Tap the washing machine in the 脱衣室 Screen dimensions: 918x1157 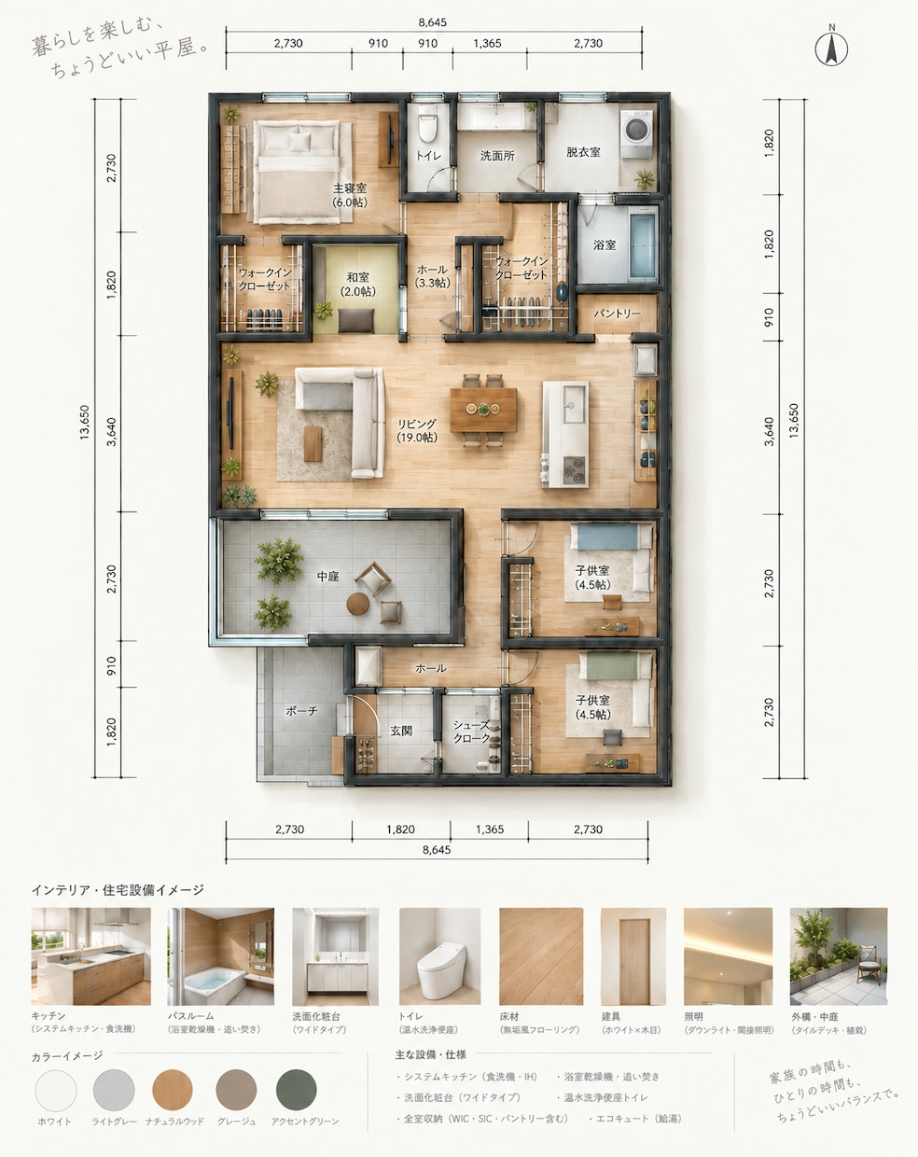click(637, 134)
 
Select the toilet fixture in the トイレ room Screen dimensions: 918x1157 click(427, 124)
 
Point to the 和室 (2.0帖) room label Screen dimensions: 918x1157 click(358, 285)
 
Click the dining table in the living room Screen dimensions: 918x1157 click(483, 411)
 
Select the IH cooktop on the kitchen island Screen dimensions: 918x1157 click(575, 470)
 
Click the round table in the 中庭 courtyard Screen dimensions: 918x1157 click(357, 604)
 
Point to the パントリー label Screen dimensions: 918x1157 click(617, 314)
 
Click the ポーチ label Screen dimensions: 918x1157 click(301, 711)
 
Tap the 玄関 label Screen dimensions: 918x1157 click(401, 732)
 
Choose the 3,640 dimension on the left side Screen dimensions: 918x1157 click(111, 432)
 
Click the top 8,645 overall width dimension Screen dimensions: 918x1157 click(433, 22)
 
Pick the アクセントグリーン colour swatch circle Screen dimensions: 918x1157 click(296, 1090)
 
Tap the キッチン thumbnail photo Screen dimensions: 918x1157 click(90, 956)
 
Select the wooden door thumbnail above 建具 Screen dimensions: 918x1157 click(633, 956)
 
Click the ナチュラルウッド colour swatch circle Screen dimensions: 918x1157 click(173, 1090)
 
